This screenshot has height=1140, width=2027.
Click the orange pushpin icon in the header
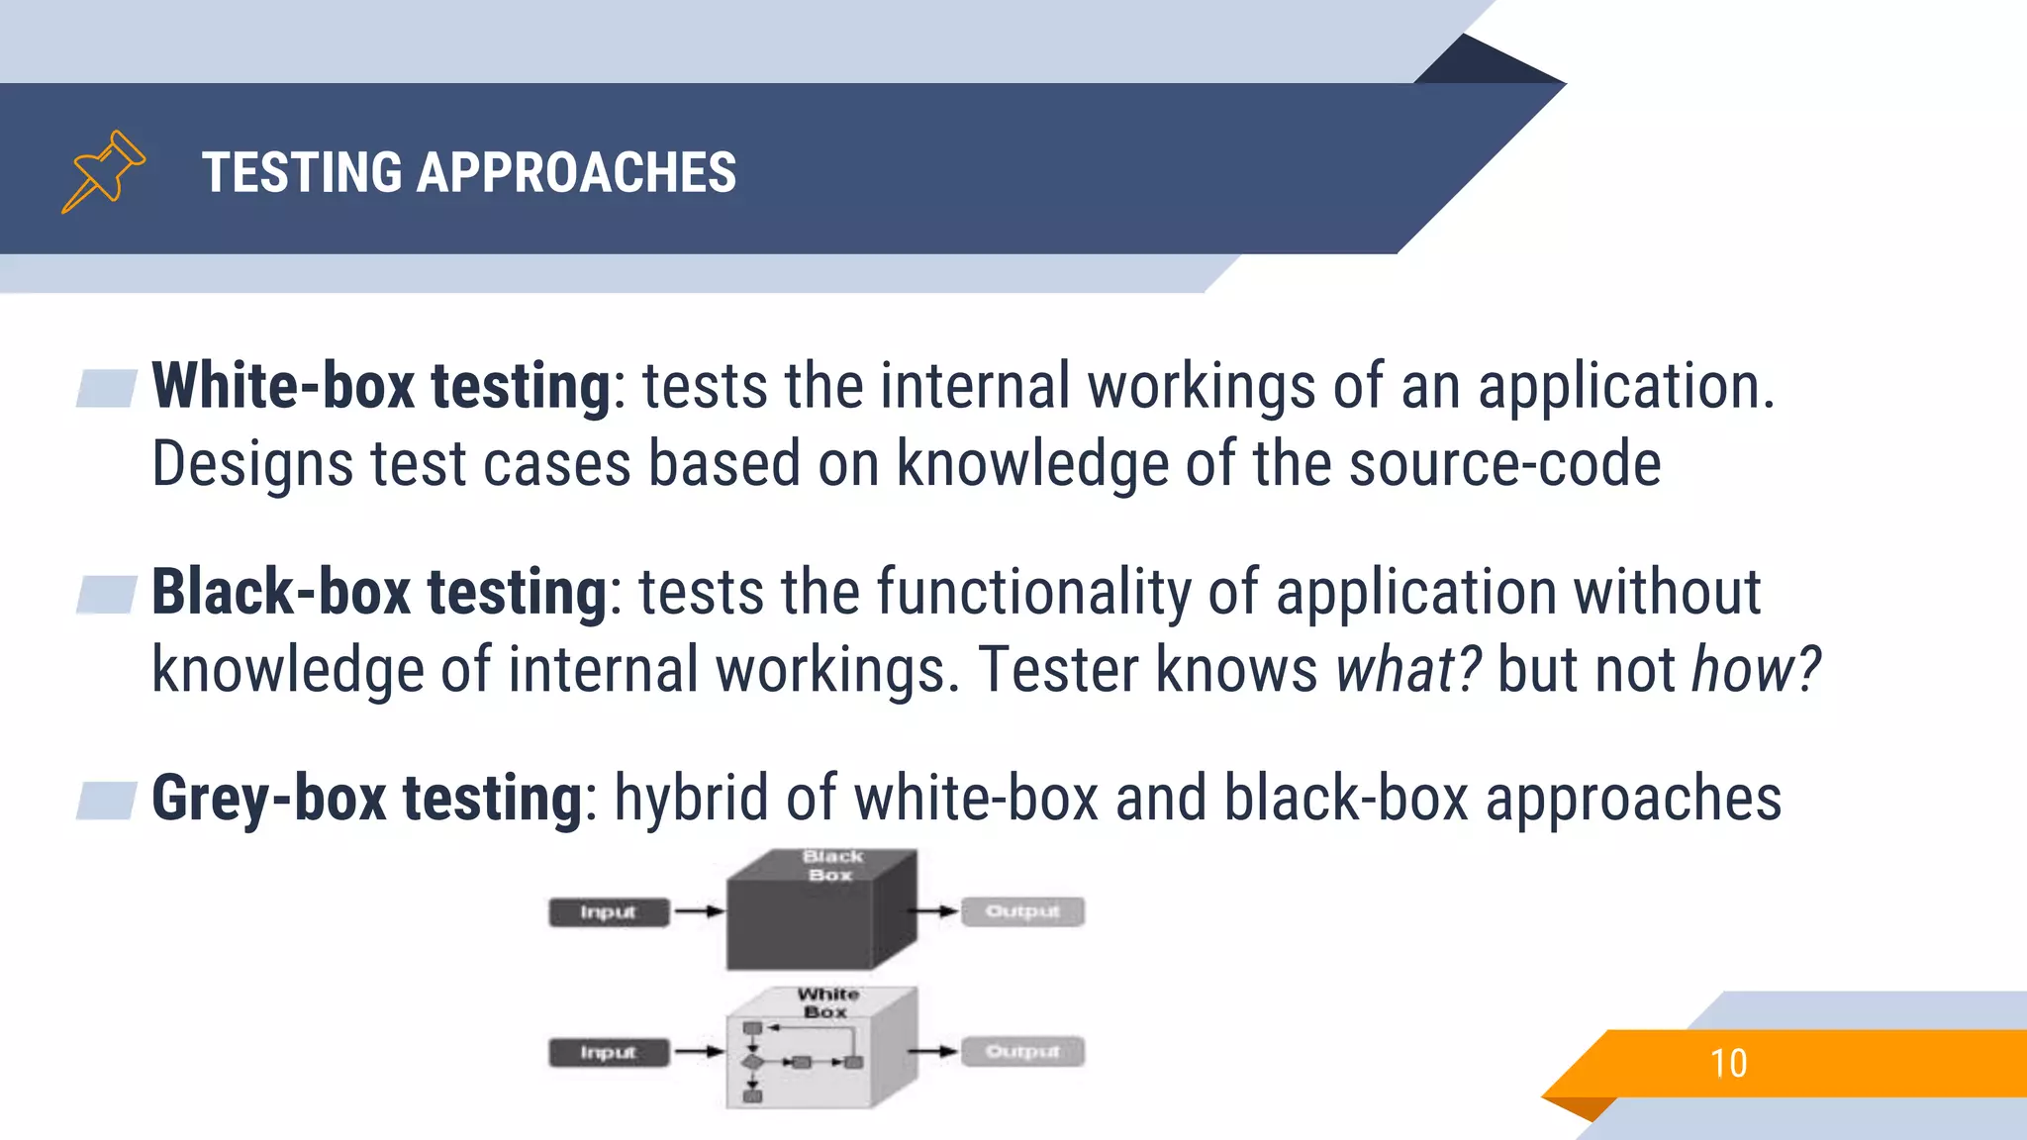[103, 171]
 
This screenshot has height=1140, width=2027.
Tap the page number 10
[1728, 1064]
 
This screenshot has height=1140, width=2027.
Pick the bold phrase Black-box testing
[379, 592]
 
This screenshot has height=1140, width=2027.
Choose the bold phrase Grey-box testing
[367, 798]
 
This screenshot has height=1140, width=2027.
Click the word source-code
[1504, 463]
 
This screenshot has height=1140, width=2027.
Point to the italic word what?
[1407, 670]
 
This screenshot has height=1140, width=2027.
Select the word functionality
[1033, 592]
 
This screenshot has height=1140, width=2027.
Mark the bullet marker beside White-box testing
[107, 388]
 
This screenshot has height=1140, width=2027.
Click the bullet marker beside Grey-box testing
[107, 801]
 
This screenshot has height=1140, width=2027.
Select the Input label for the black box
[608, 911]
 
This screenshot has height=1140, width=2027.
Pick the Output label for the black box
[1022, 910]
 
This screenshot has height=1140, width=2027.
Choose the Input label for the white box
[608, 1052]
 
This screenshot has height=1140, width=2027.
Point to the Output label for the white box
[1022, 1051]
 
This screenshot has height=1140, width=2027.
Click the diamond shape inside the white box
[752, 1063]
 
